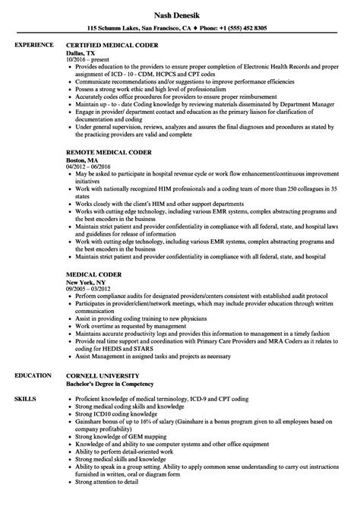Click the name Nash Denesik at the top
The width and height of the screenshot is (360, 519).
tap(179, 14)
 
